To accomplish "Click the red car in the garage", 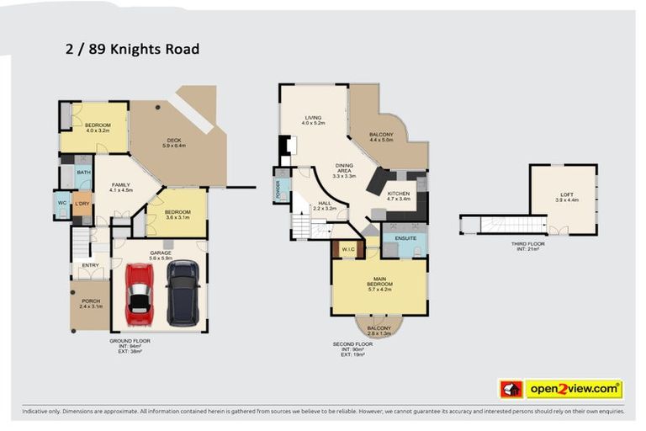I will point(139,294).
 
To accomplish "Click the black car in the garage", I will point(183,293).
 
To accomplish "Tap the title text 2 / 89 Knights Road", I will point(132,49).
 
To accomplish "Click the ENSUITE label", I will point(404,238).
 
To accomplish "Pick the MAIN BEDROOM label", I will point(379,283).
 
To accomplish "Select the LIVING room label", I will point(313,120).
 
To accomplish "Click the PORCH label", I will point(91,303).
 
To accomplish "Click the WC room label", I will point(61,203).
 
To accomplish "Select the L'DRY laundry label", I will point(82,204).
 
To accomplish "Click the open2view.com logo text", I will point(573,389).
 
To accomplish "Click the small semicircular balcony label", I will point(379,330).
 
